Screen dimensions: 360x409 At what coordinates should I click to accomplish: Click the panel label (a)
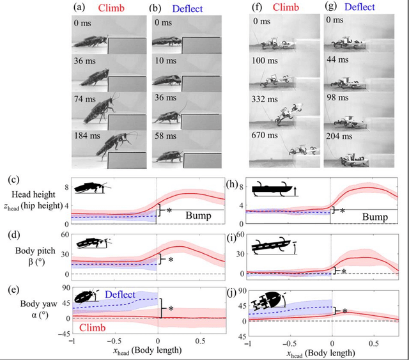pyautogui.click(x=80, y=9)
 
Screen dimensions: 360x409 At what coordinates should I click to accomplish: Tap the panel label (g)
pyautogui.click(x=330, y=9)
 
